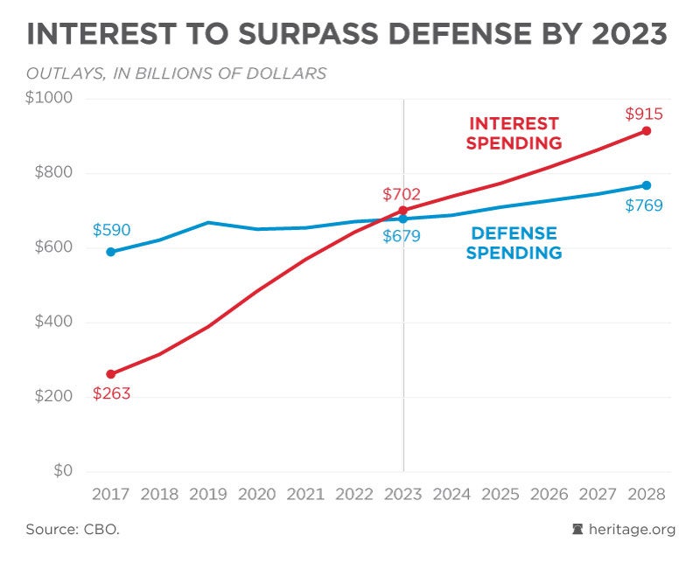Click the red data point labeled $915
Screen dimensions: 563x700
click(647, 131)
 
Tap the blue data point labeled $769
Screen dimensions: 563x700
click(647, 185)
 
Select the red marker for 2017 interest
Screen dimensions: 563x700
click(110, 374)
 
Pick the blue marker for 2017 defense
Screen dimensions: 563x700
click(110, 252)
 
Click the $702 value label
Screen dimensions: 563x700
click(402, 194)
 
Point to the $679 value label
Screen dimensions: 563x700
click(402, 236)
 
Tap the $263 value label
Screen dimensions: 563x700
click(111, 394)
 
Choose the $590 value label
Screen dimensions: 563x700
click(111, 231)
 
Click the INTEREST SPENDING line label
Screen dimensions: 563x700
click(514, 134)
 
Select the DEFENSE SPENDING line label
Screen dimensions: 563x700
click(514, 243)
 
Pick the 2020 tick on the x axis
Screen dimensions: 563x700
click(256, 494)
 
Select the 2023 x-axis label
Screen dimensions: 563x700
click(402, 494)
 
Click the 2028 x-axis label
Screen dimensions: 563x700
click(647, 494)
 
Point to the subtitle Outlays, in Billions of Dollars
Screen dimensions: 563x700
click(176, 73)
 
